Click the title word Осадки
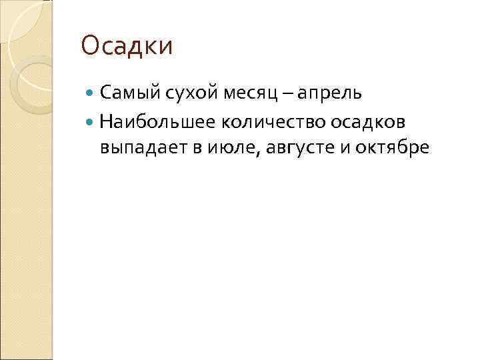tap(127, 47)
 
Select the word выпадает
tap(141, 147)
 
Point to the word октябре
tap(393, 147)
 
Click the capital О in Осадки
tap(89, 47)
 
